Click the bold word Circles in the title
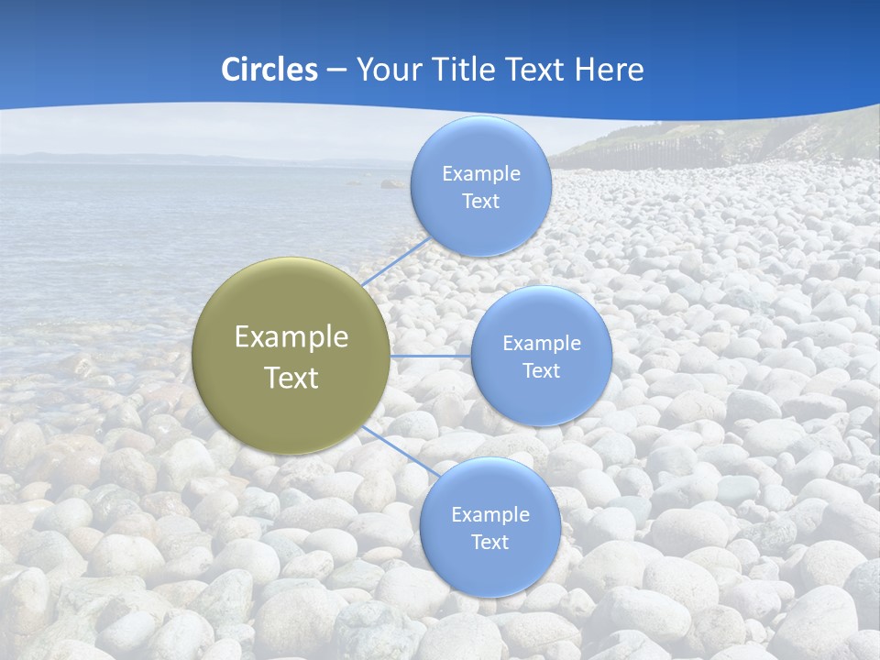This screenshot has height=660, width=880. [x=269, y=70]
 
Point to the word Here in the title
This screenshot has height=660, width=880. [x=609, y=70]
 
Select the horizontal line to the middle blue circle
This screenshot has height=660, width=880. [x=430, y=356]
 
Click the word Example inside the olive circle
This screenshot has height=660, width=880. [x=291, y=337]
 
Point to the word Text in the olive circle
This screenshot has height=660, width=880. [x=291, y=378]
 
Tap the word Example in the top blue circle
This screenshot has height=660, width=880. [x=480, y=174]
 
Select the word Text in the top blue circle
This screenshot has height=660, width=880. [x=480, y=202]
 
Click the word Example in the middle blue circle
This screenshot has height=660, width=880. [x=541, y=344]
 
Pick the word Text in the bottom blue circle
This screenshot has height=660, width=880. [x=489, y=543]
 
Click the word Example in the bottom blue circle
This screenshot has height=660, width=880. [x=489, y=515]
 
